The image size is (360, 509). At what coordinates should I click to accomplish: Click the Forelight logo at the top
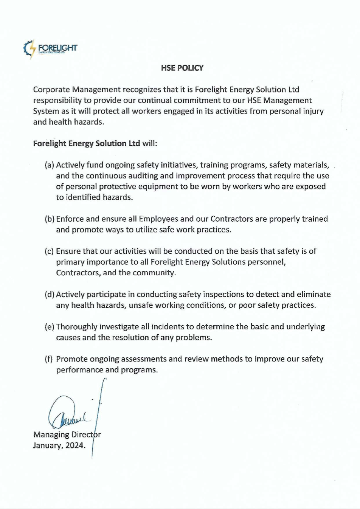pyautogui.click(x=50, y=48)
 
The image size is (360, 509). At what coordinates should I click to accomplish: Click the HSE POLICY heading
pyautogui.click(x=182, y=68)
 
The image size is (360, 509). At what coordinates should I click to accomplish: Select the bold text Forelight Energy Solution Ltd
pyautogui.click(x=87, y=144)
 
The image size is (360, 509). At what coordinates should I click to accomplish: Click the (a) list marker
pyautogui.click(x=50, y=165)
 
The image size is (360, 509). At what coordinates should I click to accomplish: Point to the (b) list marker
pyautogui.click(x=50, y=219)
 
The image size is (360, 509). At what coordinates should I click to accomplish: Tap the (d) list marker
pyautogui.click(x=50, y=295)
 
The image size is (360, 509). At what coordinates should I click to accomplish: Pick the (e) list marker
pyautogui.click(x=50, y=327)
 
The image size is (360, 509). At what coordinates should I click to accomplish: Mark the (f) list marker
pyautogui.click(x=49, y=359)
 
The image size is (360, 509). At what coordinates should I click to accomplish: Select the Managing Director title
pyautogui.click(x=67, y=435)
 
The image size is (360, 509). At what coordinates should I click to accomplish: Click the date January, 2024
pyautogui.click(x=59, y=445)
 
